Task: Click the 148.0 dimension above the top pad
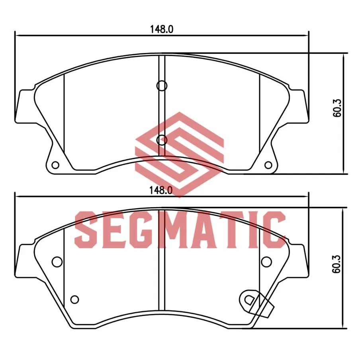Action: [161, 29]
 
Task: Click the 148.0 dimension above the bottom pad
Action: [161, 190]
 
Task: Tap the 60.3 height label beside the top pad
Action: [337, 108]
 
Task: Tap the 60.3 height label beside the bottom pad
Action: [337, 264]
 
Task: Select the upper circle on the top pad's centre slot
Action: [162, 86]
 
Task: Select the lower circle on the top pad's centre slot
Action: [162, 140]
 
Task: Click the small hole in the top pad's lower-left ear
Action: [55, 165]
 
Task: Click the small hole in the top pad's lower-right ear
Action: [268, 165]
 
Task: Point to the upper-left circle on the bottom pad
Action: [57, 262]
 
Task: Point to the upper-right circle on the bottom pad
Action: [266, 262]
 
